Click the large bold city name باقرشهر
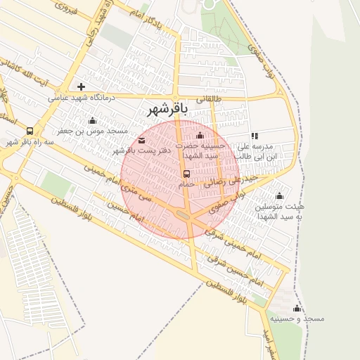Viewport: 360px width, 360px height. coord(167,110)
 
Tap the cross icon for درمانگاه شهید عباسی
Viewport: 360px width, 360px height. coord(82,86)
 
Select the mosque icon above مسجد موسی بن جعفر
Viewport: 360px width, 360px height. coord(92,120)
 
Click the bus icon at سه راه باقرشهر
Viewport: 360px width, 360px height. coord(30,131)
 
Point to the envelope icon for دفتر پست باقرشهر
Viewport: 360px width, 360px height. coord(143,141)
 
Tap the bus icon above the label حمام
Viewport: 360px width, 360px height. coord(186,173)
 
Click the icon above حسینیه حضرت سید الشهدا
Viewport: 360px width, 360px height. coord(200,135)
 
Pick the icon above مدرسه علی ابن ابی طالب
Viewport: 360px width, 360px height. coord(255,136)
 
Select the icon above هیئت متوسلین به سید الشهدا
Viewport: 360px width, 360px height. coord(280,195)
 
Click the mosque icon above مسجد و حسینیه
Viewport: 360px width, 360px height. coord(297,308)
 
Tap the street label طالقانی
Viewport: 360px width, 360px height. coord(209,99)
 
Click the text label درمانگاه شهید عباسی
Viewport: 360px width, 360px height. coord(77,98)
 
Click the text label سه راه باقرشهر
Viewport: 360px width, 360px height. coord(30,142)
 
